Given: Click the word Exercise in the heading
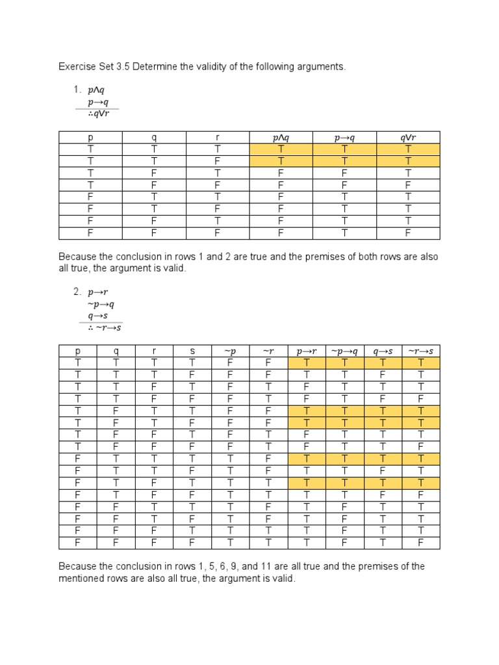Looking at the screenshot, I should (77, 66).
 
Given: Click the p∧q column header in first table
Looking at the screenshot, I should (281, 138).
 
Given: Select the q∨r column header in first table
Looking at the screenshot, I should (408, 138).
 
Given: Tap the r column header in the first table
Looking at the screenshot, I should (218, 138).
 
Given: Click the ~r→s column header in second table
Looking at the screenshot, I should (420, 351).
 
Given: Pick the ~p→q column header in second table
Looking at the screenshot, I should (344, 351).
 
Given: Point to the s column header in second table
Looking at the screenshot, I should (192, 351).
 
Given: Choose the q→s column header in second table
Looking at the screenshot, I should (382, 351).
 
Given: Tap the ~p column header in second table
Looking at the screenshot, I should (231, 351).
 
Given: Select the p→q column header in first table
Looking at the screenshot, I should (344, 138).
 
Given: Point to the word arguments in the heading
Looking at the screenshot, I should (320, 66).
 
